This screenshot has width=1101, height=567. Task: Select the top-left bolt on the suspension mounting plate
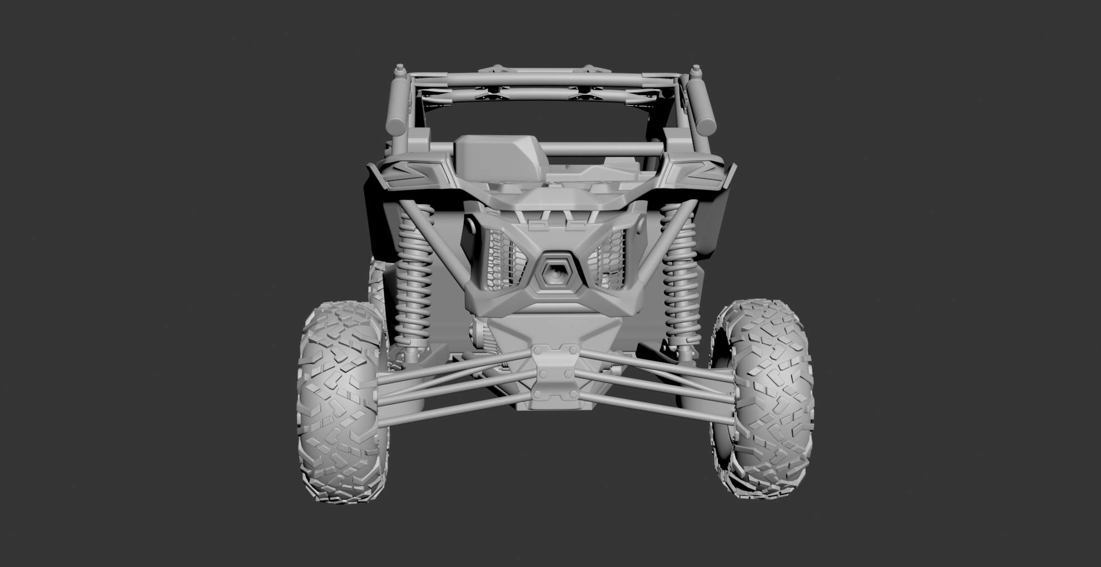pos(538,351)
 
